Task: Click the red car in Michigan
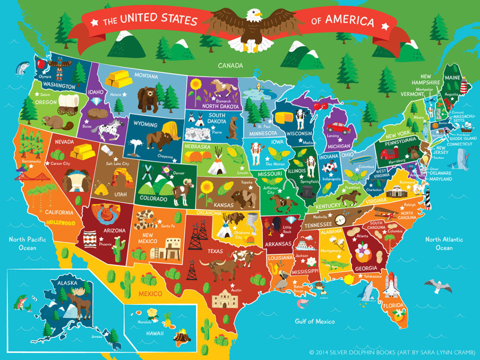[x=338, y=127]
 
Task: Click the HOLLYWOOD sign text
[x=60, y=223]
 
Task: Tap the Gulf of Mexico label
[x=315, y=322]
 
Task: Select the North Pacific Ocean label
[x=27, y=243]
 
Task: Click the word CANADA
[x=230, y=65]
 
